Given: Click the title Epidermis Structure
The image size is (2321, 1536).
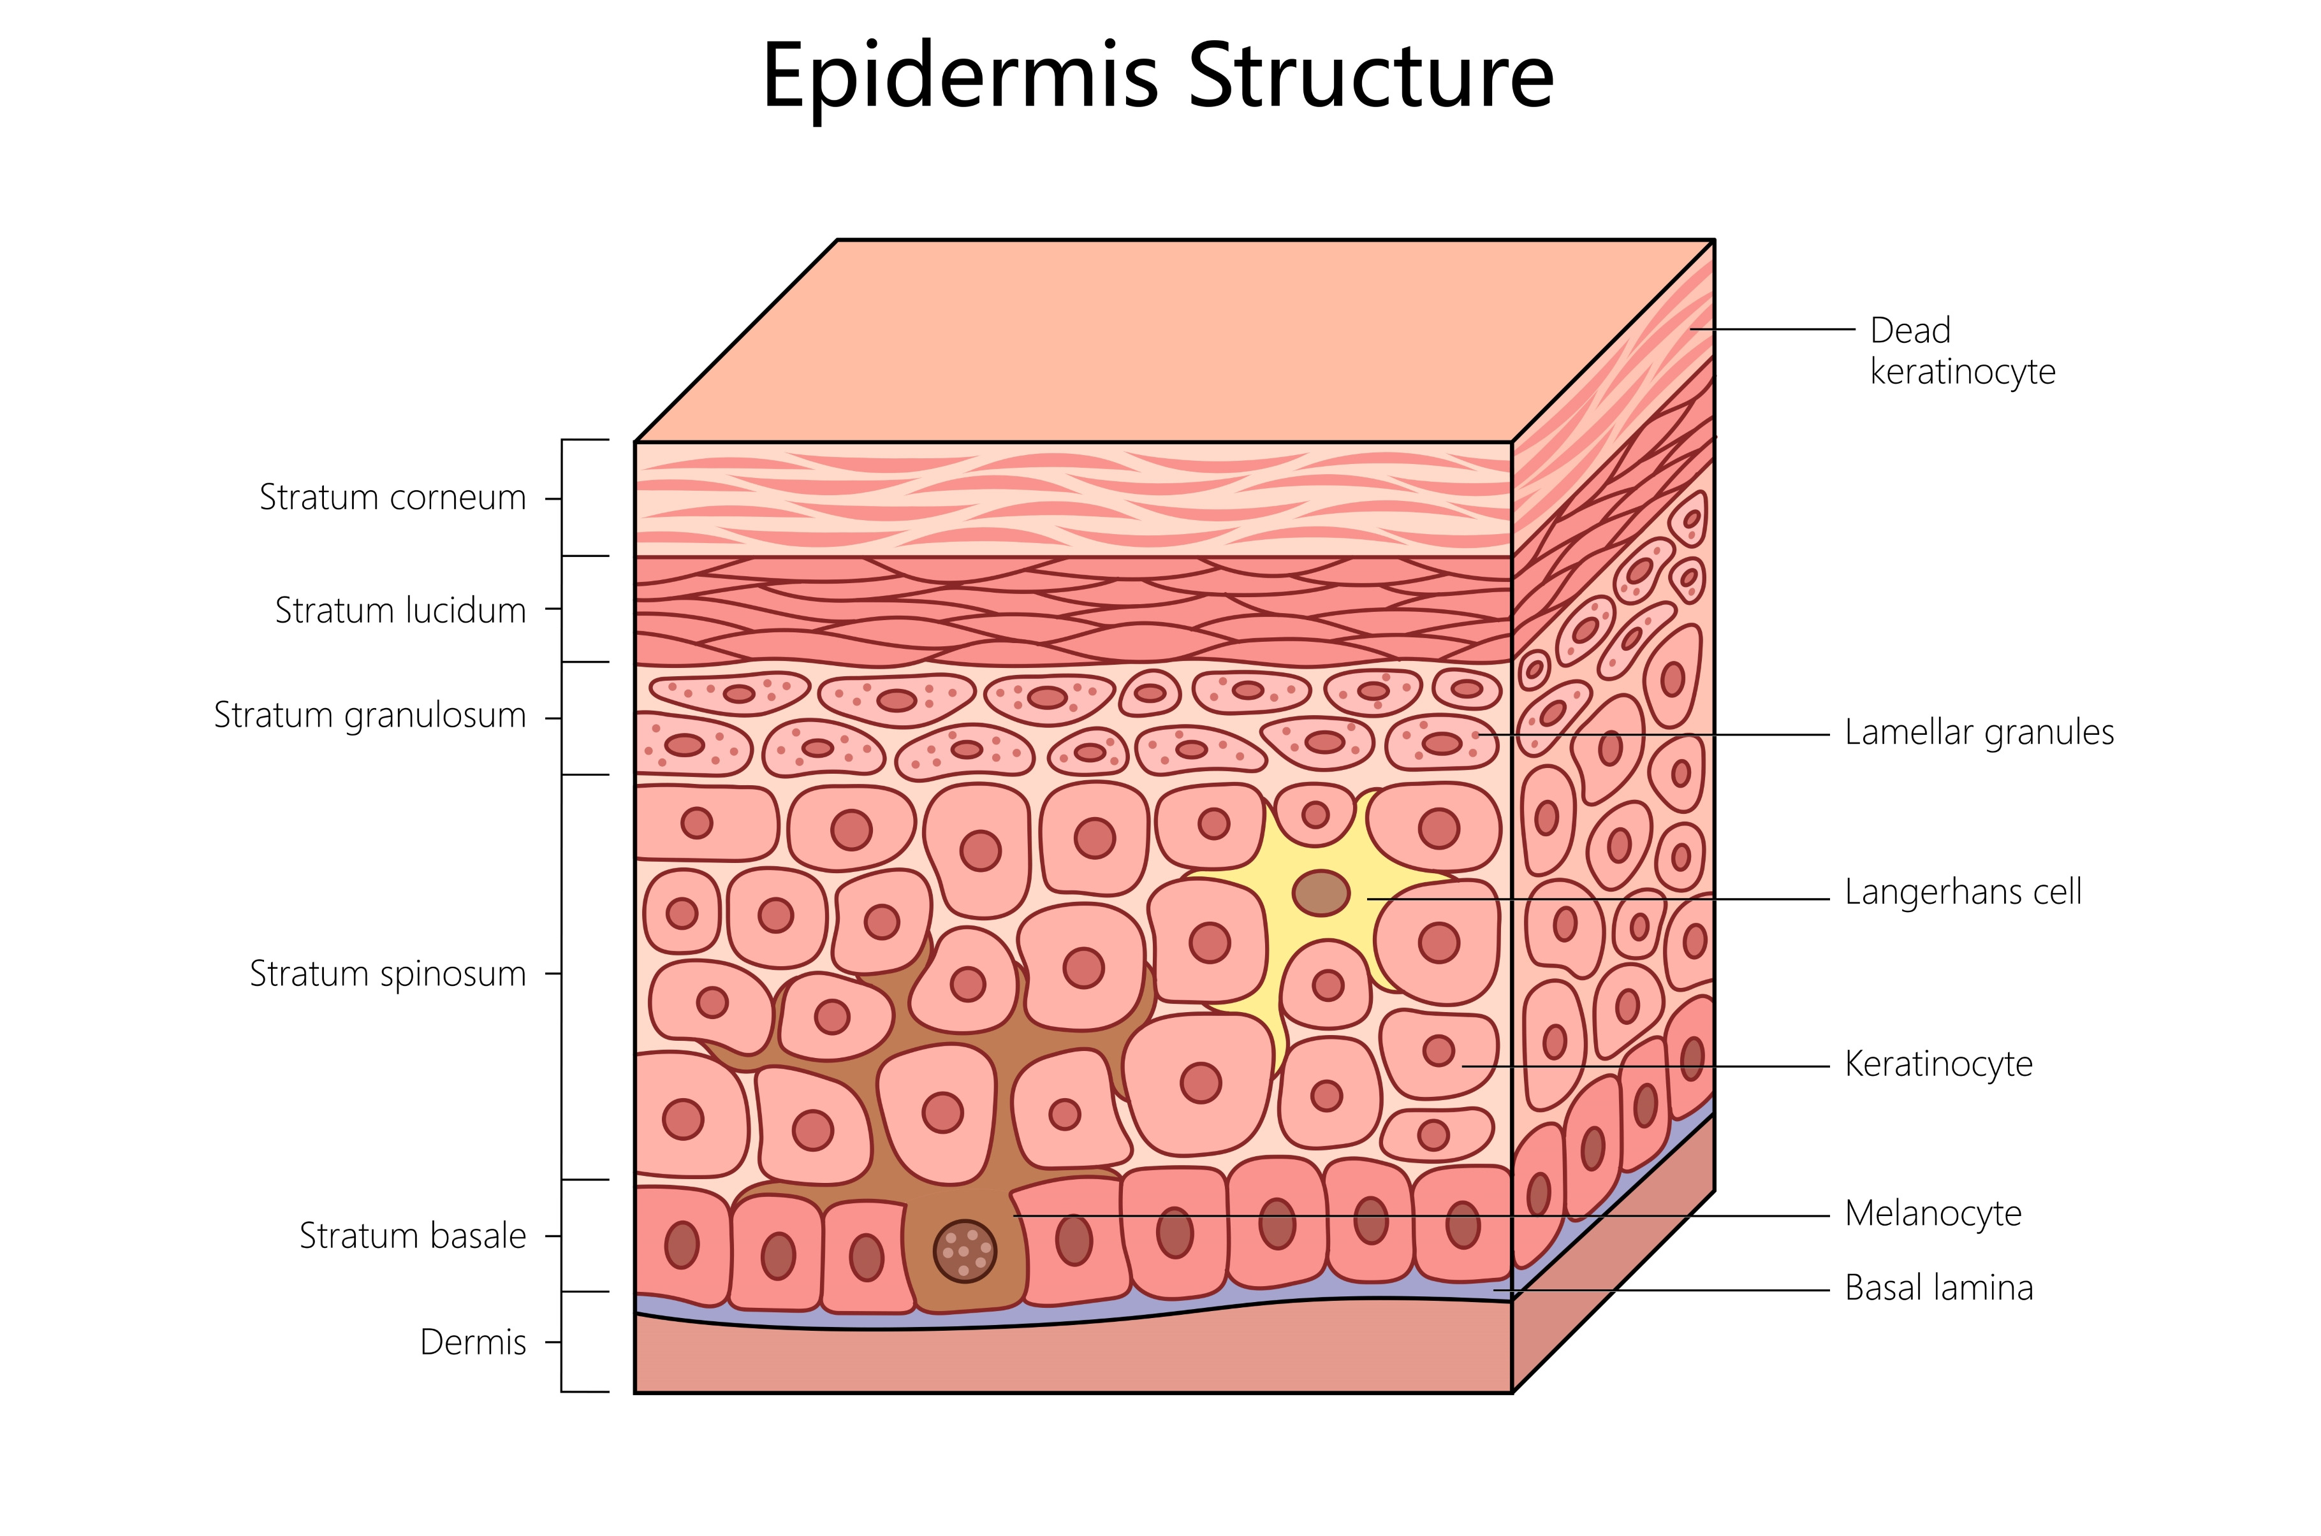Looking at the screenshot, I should [x=1157, y=76].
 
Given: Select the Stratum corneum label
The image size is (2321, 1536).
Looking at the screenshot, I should [x=392, y=498].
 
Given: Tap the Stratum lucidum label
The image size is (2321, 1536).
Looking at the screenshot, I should [x=400, y=611].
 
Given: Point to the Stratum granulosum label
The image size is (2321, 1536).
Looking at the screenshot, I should [x=369, y=715].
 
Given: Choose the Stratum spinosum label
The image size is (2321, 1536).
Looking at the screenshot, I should [x=387, y=974].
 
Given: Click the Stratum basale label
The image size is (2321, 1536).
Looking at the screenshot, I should [x=413, y=1236].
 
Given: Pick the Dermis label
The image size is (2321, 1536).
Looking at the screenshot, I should [x=472, y=1342].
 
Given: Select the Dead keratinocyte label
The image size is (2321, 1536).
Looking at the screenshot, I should [x=1961, y=351].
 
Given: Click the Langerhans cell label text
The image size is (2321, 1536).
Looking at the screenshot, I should [x=1963, y=892].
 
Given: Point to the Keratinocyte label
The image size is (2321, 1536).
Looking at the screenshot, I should [x=1938, y=1064].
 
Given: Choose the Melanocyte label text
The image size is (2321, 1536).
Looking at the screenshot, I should [x=1932, y=1214].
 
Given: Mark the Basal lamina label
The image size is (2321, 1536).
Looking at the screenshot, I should [x=1938, y=1288].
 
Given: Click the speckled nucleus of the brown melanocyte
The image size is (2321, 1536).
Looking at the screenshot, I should [x=964, y=1251].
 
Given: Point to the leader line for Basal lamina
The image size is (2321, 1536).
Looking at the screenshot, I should [x=1666, y=1290].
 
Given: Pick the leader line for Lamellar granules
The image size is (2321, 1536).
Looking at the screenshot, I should [x=1666, y=734].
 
